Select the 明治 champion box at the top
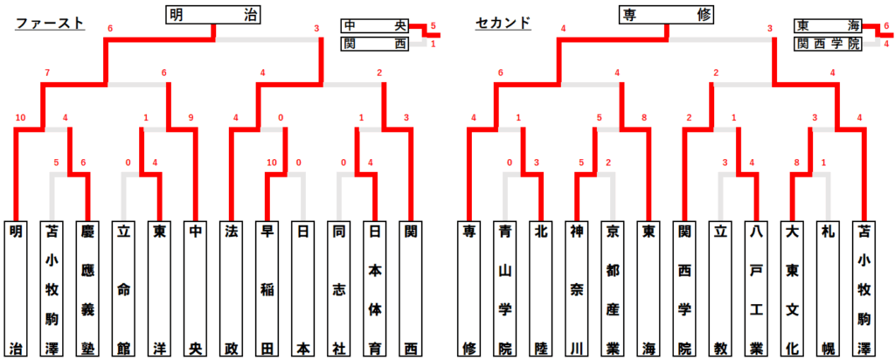click(216, 14)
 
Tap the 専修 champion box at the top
click(668, 14)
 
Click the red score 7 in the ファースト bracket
click(47, 72)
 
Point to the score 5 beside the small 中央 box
click(433, 26)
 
